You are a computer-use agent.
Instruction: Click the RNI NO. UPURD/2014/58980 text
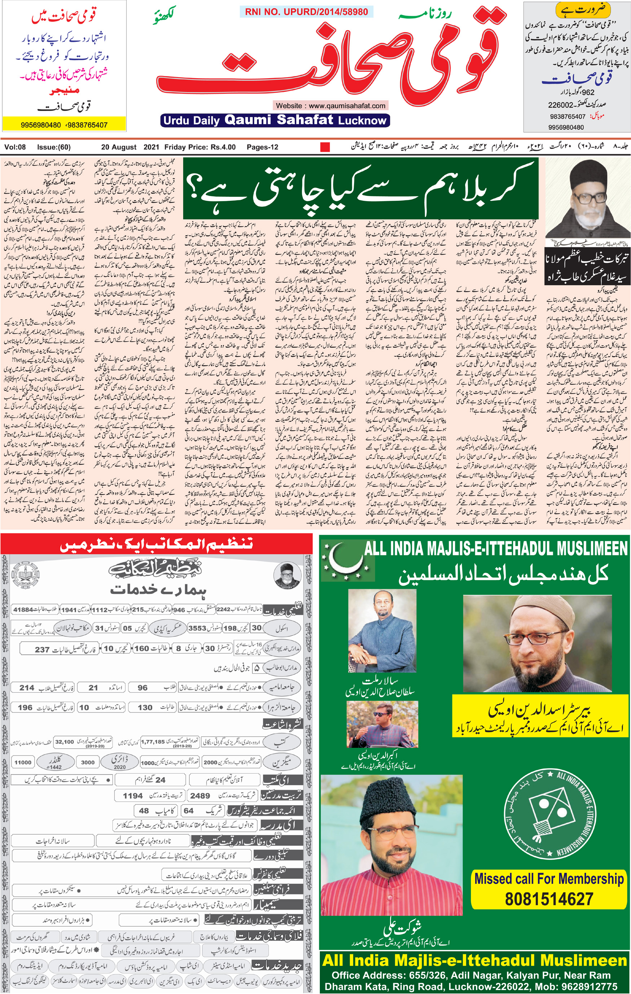click(x=306, y=12)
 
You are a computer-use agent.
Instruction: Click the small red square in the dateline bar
click(x=325, y=147)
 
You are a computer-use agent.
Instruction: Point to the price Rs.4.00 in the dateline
click(x=223, y=147)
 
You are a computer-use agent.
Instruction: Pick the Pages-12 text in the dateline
click(x=262, y=147)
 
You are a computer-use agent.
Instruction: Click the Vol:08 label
click(x=15, y=147)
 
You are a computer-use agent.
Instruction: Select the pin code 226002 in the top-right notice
click(x=560, y=105)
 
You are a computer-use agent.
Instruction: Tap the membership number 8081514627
click(x=549, y=898)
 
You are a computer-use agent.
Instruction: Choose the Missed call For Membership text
click(x=549, y=878)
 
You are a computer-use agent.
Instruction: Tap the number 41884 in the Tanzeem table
click(x=23, y=610)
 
